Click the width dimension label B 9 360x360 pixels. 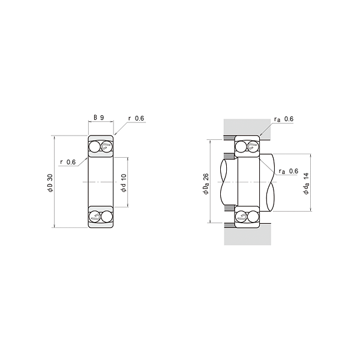coord(99,118)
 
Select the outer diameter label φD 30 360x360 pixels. coord(50,183)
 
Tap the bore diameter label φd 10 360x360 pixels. coord(124,183)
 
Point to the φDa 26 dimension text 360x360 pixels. coord(206,184)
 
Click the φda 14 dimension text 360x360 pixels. coord(307,184)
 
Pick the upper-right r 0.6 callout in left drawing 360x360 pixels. coord(136,118)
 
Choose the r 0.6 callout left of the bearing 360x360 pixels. coord(68,162)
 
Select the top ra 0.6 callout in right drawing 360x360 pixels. coord(284,119)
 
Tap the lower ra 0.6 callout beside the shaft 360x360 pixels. coord(289,171)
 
